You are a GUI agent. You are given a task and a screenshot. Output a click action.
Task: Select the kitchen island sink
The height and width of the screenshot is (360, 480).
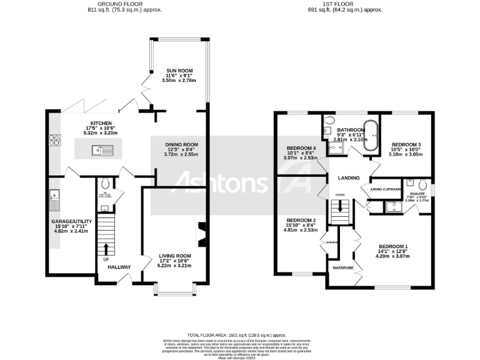tap(101, 149)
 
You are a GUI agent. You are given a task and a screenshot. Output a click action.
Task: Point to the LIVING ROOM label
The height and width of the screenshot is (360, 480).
tap(175, 256)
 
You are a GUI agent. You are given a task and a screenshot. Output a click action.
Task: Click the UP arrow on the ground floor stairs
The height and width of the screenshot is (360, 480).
tap(105, 251)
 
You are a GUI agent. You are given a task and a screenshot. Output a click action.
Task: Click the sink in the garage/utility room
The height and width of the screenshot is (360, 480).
tap(54, 201)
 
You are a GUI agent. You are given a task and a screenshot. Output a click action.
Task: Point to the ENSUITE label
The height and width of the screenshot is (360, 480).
tap(415, 194)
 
